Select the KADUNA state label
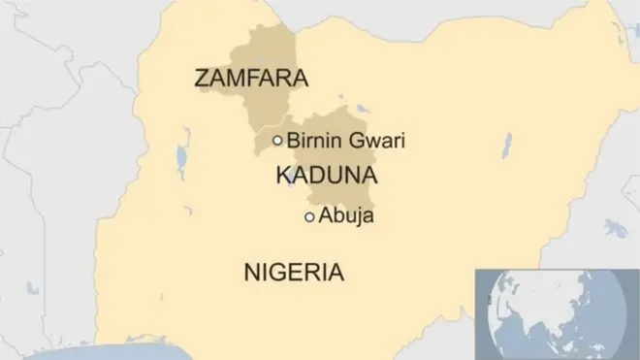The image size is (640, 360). click(327, 176)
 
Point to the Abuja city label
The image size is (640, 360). click(346, 216)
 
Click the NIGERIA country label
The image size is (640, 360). click(293, 271)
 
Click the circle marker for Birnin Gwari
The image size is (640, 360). click(277, 141)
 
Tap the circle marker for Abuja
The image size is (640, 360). click(309, 217)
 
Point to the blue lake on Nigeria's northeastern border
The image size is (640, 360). click(506, 147)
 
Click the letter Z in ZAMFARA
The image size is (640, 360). click(202, 77)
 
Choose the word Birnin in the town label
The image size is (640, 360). click(314, 142)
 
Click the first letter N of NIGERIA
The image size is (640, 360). click(251, 271)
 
